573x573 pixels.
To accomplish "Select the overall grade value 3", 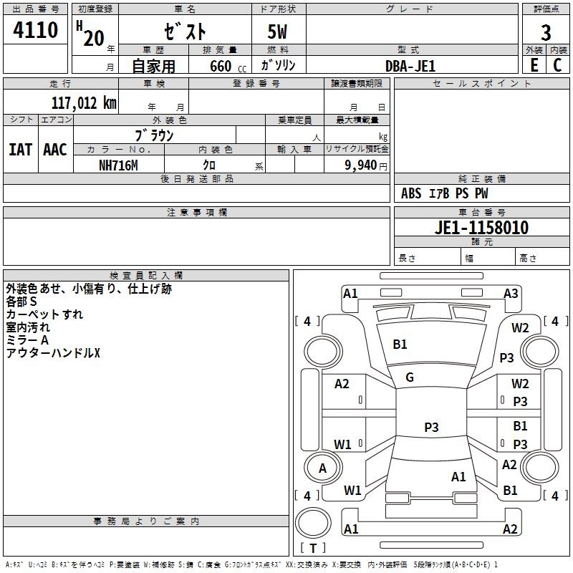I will [546, 33].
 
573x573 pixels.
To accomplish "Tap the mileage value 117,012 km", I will [84, 103].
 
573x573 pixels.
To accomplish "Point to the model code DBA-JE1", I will [410, 65].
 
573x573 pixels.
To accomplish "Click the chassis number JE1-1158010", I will [482, 228].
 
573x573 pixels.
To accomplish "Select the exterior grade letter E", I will [534, 65].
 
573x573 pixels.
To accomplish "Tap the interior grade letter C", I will [557, 65].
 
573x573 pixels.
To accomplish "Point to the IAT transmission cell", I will [20, 150].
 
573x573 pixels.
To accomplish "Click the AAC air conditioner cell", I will [55, 150].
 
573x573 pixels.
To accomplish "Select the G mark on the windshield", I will [410, 377].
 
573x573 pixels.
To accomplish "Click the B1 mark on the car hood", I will [400, 345].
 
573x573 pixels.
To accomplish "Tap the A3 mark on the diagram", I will [511, 293].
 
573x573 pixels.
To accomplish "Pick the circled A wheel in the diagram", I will [322, 468].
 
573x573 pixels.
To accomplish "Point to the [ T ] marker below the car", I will [312, 549].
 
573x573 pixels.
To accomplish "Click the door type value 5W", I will [278, 33].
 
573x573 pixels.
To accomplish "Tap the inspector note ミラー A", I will [27, 340].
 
